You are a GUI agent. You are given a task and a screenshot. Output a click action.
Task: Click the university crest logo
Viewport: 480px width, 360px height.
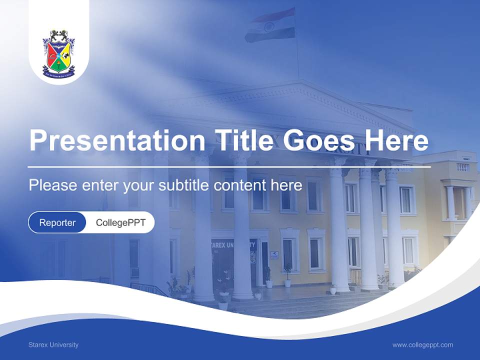pyautogui.click(x=58, y=54)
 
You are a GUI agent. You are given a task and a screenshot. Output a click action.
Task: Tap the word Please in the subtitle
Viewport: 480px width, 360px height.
pyautogui.click(x=51, y=185)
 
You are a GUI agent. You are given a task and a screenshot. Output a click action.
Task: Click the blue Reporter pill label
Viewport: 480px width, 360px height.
pyautogui.click(x=57, y=222)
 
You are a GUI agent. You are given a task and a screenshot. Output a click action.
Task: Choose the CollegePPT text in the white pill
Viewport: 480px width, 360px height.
pyautogui.click(x=120, y=222)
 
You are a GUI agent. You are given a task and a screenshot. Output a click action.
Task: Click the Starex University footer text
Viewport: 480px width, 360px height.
pyautogui.click(x=53, y=344)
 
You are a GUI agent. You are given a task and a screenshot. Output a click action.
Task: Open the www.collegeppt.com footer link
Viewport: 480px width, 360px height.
pyautogui.click(x=422, y=344)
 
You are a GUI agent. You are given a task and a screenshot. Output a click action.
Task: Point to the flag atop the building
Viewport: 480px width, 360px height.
pyautogui.click(x=270, y=25)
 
